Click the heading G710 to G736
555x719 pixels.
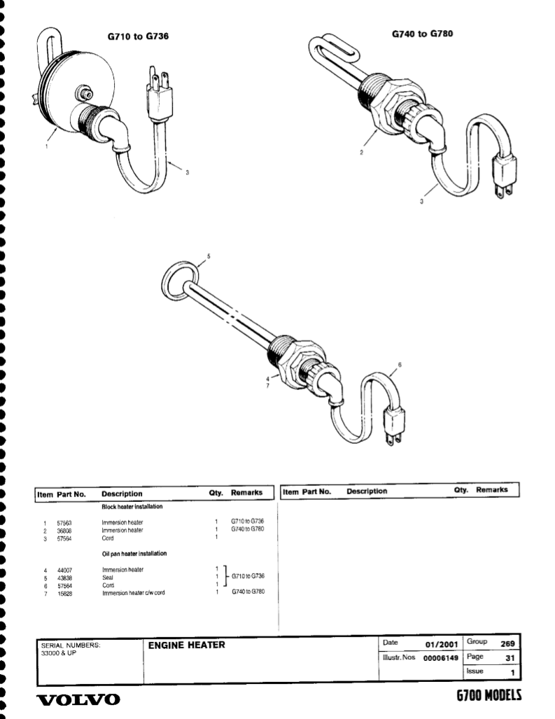[138, 35]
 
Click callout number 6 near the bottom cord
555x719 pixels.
[400, 364]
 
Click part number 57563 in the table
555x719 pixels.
[64, 522]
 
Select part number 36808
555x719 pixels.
[64, 530]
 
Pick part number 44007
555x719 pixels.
[64, 571]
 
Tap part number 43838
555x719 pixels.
[64, 578]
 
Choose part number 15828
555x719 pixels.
[64, 593]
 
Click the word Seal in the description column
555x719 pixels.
[108, 578]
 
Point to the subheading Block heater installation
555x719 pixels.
[133, 505]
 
